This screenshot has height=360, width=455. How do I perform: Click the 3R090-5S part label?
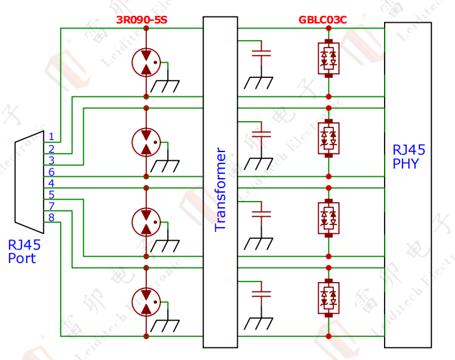pyautogui.click(x=142, y=20)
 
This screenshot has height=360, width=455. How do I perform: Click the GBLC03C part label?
pyautogui.click(x=323, y=20)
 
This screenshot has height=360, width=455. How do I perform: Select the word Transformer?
pyautogui.click(x=221, y=190)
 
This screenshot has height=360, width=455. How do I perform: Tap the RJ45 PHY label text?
pyautogui.click(x=409, y=157)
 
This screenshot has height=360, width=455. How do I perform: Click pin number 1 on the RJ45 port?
pyautogui.click(x=51, y=136)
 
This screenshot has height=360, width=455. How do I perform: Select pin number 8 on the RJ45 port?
pyautogui.click(x=51, y=217)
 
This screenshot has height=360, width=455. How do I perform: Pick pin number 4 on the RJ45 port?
pyautogui.click(x=51, y=183)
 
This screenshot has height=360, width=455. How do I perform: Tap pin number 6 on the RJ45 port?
pyautogui.click(x=51, y=172)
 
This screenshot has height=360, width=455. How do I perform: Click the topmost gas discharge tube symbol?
pyautogui.click(x=146, y=62)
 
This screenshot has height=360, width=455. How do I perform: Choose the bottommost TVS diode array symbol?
pyautogui.click(x=328, y=297)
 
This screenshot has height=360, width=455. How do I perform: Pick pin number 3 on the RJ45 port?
pyautogui.click(x=51, y=160)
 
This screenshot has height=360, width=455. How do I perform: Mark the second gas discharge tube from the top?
pyautogui.click(x=146, y=141)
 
